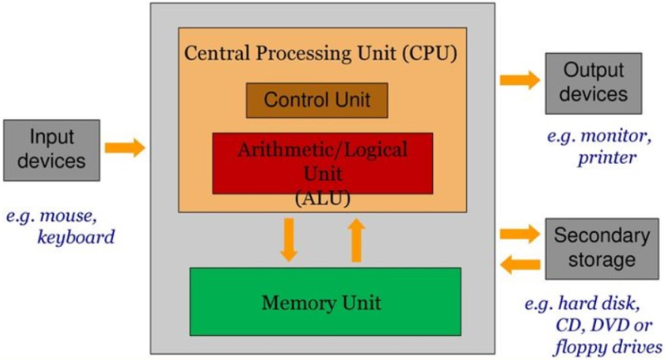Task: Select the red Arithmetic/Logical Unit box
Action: (x=323, y=161)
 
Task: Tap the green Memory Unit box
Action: (x=325, y=301)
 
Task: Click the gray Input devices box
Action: (x=51, y=149)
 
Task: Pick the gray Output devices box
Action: (x=594, y=82)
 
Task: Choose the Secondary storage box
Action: (x=594, y=248)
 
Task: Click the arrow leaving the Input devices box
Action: (x=125, y=148)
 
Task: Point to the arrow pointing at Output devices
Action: (x=520, y=80)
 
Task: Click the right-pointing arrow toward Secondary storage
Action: (x=520, y=232)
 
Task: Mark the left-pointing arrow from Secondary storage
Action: (x=520, y=265)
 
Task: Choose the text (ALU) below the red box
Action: (x=322, y=199)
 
